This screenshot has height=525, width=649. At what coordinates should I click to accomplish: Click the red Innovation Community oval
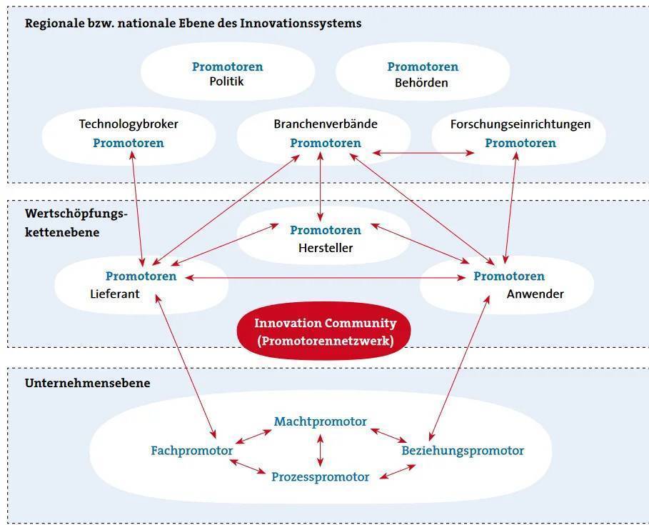coord(323,331)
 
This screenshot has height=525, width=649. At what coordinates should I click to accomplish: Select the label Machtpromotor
coord(321,421)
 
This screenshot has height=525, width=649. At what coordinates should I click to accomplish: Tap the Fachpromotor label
coord(191,451)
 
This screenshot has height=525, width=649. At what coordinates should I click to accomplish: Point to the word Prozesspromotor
coord(320,476)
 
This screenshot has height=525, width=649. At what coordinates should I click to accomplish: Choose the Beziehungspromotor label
coord(463,451)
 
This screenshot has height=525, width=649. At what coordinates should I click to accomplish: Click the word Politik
coord(226,81)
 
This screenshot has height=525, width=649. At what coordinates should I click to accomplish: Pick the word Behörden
coord(421,82)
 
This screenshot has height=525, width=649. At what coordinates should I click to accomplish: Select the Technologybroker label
coord(129,124)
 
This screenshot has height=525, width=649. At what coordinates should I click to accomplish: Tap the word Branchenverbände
coord(326,124)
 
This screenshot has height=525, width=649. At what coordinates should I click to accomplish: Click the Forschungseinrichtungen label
coord(520,124)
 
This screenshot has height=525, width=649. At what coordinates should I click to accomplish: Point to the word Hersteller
coord(326,248)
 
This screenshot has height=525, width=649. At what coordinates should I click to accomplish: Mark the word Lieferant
coord(115,294)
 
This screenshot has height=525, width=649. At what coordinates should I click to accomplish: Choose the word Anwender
coord(535,294)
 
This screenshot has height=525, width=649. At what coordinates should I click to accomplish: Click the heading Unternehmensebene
coord(87,383)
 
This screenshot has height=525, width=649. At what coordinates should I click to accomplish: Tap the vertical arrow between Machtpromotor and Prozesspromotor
coord(320,450)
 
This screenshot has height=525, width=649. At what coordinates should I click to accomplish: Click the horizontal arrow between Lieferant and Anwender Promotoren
coord(326,278)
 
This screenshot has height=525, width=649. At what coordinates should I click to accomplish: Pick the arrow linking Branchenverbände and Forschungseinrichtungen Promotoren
coord(423,153)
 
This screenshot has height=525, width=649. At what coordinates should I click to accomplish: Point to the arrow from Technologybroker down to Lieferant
coord(137,209)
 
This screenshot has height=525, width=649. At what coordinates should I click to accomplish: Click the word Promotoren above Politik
coord(228,66)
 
